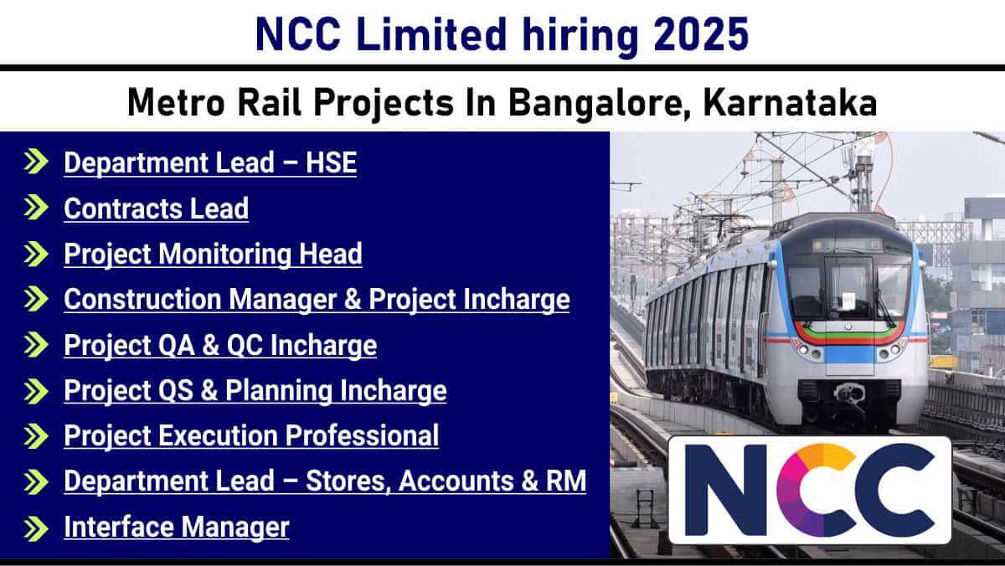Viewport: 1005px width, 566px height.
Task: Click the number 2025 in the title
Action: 701,34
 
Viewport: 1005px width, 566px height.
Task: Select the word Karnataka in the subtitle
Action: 790,103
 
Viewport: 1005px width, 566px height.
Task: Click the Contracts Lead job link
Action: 156,208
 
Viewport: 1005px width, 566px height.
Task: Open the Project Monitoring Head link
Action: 213,254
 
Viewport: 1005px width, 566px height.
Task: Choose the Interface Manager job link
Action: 177,527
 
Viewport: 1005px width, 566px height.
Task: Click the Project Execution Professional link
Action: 251,435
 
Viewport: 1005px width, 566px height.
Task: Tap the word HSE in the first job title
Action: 331,162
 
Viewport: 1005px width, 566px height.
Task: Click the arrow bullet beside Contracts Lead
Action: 36,207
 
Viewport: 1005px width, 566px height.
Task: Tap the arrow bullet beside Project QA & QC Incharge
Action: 36,345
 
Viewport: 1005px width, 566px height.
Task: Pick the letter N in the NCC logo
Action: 725,490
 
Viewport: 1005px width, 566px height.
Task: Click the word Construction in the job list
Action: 142,299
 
